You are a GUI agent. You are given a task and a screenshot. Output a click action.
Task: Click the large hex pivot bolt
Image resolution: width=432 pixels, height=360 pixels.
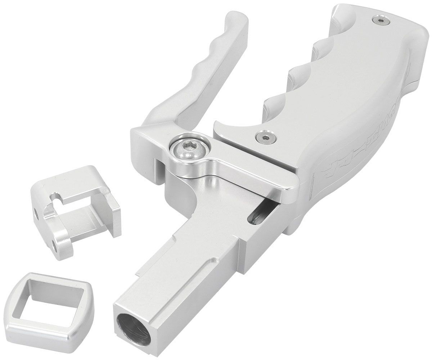(186, 147)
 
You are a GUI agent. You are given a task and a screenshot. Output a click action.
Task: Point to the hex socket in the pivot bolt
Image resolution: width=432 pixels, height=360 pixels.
(186, 146)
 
